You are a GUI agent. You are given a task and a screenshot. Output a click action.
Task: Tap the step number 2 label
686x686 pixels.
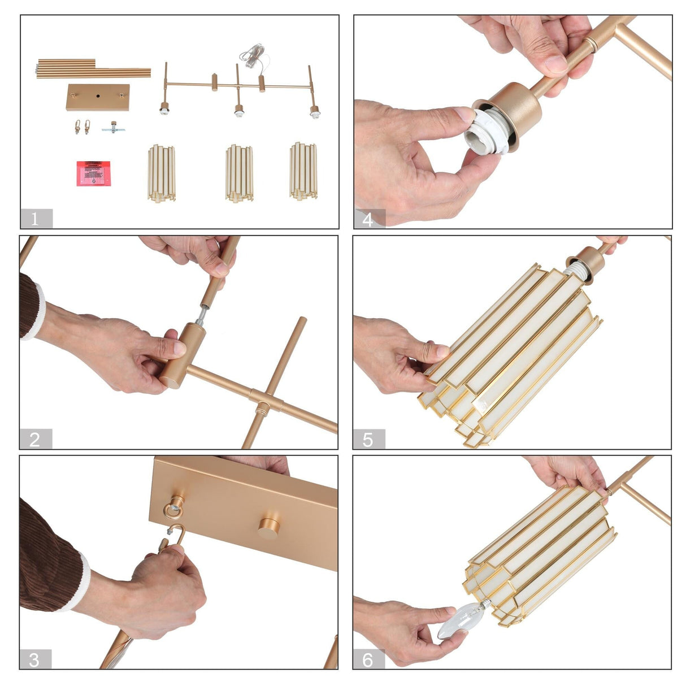pos(36,439)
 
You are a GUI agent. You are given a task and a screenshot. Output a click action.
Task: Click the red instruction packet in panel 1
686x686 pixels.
pos(94,173)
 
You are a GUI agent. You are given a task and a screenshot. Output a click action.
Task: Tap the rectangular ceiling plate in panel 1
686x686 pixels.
pos(98,97)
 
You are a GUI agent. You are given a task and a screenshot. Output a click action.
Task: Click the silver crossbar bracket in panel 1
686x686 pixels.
pos(113,128)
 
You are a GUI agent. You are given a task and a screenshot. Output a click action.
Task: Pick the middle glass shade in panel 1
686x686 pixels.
pos(239,173)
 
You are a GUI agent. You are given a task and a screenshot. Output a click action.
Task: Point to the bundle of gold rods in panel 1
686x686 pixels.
pos(93,69)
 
